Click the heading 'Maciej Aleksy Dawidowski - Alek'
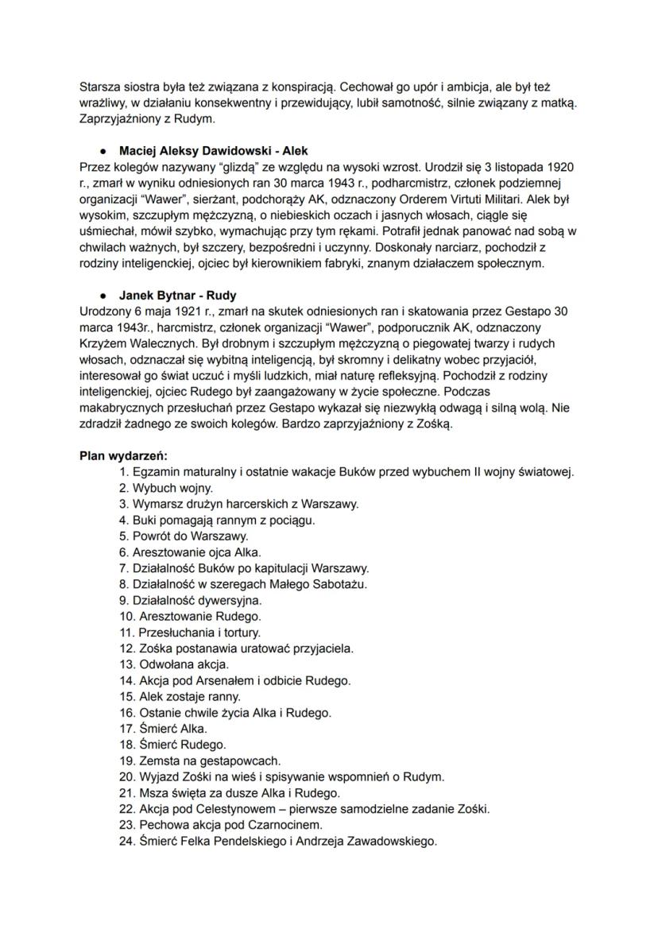point(213,149)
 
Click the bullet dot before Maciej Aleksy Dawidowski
point(103,149)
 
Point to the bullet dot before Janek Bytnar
point(103,294)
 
